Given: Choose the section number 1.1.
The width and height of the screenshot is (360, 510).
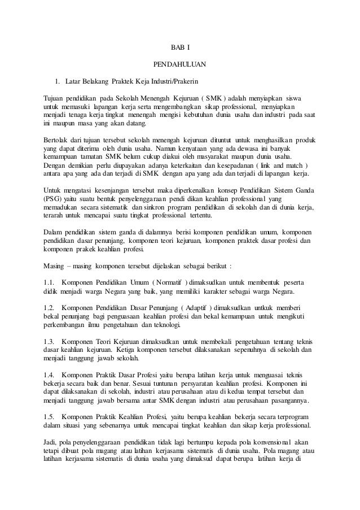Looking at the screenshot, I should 49,283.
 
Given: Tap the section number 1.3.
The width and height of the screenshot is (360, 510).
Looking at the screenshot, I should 49,342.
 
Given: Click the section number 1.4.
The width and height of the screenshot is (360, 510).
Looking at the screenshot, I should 49,374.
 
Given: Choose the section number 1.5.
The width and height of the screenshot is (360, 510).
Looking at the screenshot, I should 49,417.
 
